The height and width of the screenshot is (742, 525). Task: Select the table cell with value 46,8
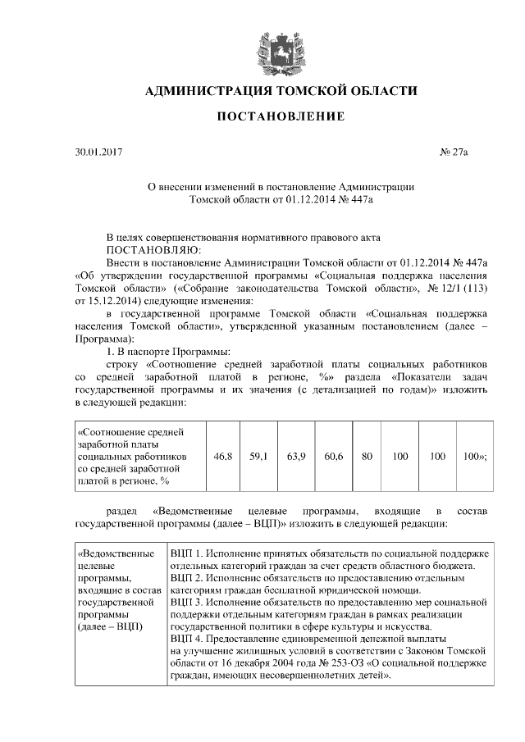click(222, 455)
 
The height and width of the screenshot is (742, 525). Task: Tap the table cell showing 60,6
click(333, 455)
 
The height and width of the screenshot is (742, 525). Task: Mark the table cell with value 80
click(367, 455)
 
